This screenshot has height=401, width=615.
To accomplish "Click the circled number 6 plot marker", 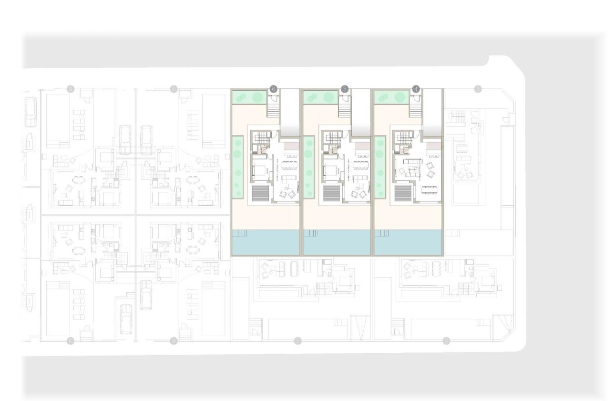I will (273, 89).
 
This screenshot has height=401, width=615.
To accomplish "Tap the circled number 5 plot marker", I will (345, 89).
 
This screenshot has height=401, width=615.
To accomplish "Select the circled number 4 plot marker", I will (416, 89).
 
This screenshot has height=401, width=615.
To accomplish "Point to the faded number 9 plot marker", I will (71, 89).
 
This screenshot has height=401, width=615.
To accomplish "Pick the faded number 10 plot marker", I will (71, 340).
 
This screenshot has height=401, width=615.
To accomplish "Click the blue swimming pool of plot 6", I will (266, 242).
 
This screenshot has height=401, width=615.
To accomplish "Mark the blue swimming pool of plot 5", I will (337, 242).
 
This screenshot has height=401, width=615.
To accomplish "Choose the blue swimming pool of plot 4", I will (408, 242).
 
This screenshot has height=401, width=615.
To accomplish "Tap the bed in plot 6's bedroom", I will (259, 171).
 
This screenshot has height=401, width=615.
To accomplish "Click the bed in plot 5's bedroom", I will (330, 171).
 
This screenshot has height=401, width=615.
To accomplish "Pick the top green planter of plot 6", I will (248, 97).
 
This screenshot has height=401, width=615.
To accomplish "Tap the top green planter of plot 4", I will (390, 97).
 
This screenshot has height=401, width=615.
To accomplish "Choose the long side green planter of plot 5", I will (309, 167).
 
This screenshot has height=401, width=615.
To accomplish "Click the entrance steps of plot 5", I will (345, 110).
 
